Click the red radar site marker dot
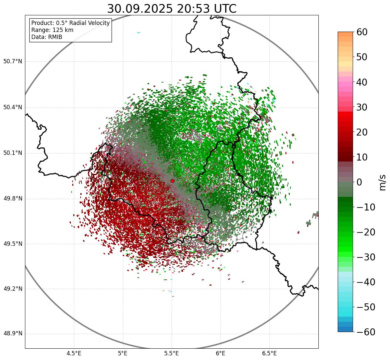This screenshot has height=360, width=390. point(172,181)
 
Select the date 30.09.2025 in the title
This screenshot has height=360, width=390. point(140,9)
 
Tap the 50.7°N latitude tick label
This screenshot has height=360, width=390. point(13,62)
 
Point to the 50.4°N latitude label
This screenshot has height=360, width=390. point(13,107)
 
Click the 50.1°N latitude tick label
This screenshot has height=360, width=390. point(13,153)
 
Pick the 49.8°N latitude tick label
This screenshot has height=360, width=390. point(13,199)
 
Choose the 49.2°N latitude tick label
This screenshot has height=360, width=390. point(13,289)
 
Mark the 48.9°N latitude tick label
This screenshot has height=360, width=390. point(13,334)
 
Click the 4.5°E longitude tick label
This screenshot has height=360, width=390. point(74,353)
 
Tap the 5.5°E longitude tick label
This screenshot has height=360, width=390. point(172,353)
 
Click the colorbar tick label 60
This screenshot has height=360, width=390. point(362,32)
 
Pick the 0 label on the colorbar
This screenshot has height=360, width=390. point(359,182)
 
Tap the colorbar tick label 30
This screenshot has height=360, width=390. point(362,107)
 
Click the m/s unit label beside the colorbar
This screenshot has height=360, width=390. point(383,182)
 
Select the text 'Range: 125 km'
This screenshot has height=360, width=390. point(52,30)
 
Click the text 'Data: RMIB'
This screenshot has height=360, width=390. point(47,37)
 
